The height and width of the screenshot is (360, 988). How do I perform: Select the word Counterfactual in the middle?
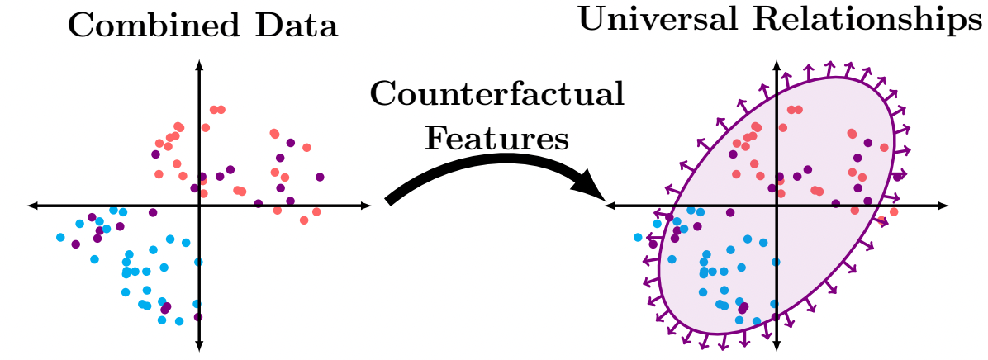pyautogui.click(x=496, y=95)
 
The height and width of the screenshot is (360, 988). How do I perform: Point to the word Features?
pyautogui.click(x=496, y=137)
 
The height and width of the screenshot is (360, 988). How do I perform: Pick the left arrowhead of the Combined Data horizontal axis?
pyautogui.click(x=32, y=205)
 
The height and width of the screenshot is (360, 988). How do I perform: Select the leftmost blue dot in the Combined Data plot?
pyautogui.click(x=60, y=238)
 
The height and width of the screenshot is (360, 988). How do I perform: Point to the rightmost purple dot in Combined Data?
pyautogui.click(x=320, y=177)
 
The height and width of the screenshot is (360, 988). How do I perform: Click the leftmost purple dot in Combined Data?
pyautogui.click(x=76, y=244)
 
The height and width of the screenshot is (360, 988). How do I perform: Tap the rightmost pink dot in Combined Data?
pyautogui.click(x=316, y=212)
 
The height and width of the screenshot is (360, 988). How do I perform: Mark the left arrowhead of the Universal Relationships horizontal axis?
pyautogui.click(x=610, y=205)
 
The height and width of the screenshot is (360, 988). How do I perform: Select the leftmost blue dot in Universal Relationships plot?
pyautogui.click(x=638, y=238)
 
